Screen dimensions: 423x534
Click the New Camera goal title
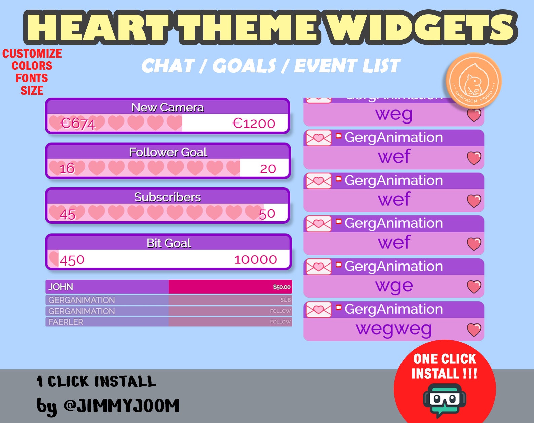[167, 107]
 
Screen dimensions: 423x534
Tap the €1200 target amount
[254, 124]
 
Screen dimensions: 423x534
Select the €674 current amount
[78, 124]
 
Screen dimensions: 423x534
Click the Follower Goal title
[168, 152]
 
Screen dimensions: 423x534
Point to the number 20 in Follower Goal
[268, 169]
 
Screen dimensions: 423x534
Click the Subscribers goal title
[167, 197]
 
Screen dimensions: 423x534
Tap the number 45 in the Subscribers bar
[67, 214]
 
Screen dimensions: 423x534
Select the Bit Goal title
[168, 243]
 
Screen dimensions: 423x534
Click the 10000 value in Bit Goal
[256, 260]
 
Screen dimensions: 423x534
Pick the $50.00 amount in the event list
[281, 287]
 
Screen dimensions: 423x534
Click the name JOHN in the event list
[61, 287]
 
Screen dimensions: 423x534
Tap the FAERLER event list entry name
[66, 322]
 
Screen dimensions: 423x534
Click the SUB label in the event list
[285, 300]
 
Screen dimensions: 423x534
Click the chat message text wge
[394, 286]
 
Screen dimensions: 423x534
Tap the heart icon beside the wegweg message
[474, 330]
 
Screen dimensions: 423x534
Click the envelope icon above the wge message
[318, 267]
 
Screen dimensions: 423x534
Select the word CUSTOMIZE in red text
[32, 54]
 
